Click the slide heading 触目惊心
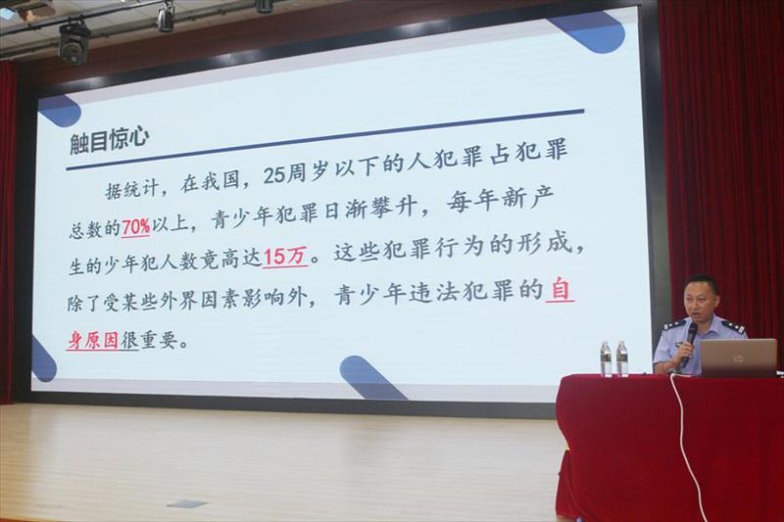coord(110,138)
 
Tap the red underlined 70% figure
coord(135,228)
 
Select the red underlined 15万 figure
coord(284,257)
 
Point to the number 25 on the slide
coord(274,175)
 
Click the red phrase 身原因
coord(93,341)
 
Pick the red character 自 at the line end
coord(560,290)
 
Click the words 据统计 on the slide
coord(132,189)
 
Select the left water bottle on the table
coord(606,358)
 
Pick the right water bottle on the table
coord(622,358)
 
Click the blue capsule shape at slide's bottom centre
coord(370,378)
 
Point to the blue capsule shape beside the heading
coord(59,111)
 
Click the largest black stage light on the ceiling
coord(74,43)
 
